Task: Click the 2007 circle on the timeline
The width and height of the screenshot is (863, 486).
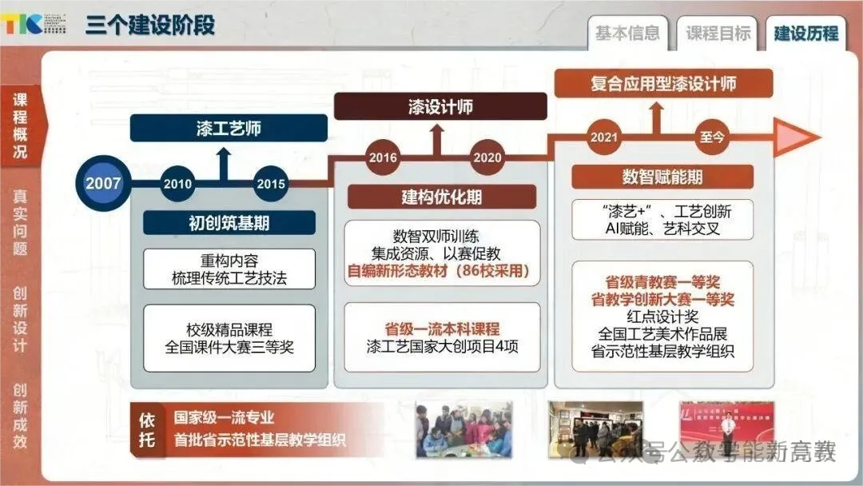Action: pos(103,183)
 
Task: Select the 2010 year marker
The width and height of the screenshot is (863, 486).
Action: pos(177,184)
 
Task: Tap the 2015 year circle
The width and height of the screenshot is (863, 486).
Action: pos(271,184)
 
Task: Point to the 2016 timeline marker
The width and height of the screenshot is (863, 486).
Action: pos(383,157)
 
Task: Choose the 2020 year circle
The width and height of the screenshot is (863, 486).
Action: pos(487,157)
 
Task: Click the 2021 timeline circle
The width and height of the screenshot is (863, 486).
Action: pos(604,137)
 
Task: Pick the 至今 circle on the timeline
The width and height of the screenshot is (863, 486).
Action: pos(712,137)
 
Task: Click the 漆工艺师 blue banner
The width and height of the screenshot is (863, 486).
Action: pos(229,128)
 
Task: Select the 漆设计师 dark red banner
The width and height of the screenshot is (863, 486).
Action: pos(440,107)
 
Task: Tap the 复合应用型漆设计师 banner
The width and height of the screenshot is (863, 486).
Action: pos(663,83)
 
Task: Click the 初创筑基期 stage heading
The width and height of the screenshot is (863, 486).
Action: pos(229,223)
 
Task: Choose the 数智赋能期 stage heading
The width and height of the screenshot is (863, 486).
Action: pos(662,177)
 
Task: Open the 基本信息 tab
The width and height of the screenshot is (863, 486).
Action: pos(627,34)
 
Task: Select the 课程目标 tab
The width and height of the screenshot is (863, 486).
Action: pos(718,34)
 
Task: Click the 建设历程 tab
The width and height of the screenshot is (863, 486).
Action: pos(805,34)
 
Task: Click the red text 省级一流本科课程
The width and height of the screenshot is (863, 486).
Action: pos(442,329)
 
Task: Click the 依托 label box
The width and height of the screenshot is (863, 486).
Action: pos(147,429)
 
